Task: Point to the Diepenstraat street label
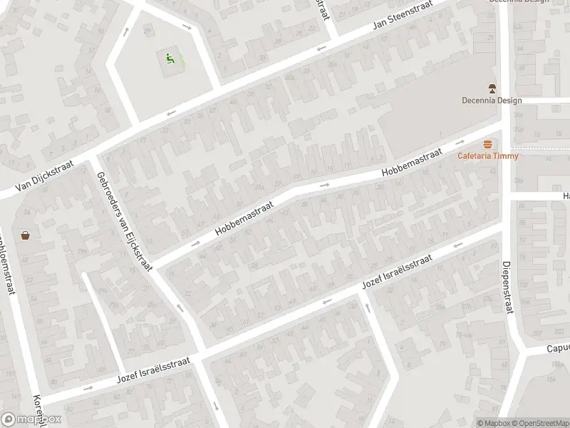[x=508, y=286]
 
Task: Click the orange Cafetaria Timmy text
[x=488, y=156]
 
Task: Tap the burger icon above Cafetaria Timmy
[x=488, y=144]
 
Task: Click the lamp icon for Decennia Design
[x=492, y=88]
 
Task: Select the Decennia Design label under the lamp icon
[x=492, y=101]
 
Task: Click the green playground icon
[x=170, y=58]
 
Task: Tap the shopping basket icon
[x=26, y=235]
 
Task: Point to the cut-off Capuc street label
[x=557, y=349]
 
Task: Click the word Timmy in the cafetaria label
[x=507, y=156]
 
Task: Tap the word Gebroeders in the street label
[x=110, y=195]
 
